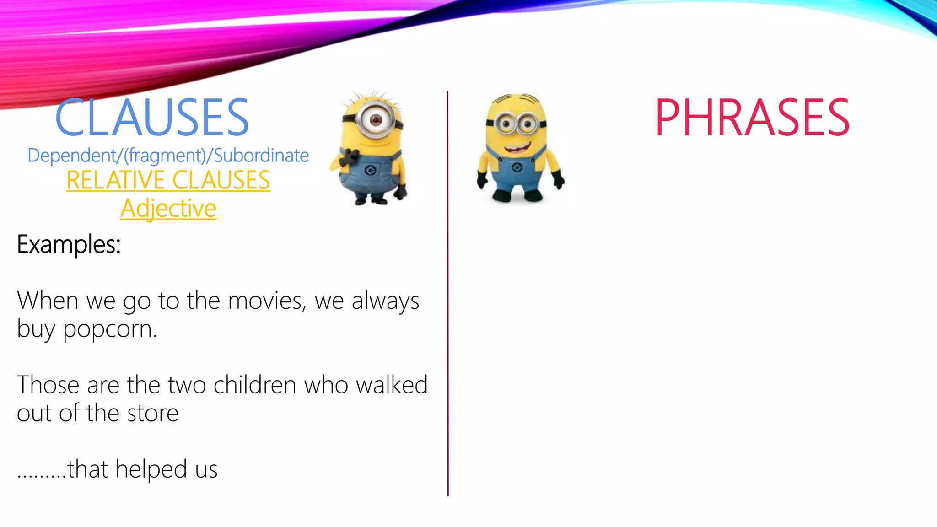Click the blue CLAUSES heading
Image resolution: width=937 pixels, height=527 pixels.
tap(152, 118)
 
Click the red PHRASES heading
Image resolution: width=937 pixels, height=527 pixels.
tap(752, 118)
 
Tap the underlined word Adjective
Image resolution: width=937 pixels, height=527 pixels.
tap(168, 209)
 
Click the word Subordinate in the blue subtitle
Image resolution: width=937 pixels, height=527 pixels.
tap(261, 156)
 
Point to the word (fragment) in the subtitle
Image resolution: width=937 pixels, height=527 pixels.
tap(165, 156)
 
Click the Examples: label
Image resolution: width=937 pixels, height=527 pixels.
tap(69, 244)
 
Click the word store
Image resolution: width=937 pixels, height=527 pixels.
tap(152, 413)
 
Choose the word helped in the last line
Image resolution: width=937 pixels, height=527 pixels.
tap(151, 469)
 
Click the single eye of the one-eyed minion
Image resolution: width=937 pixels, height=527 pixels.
tap(376, 120)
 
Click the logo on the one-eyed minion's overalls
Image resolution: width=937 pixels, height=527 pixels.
tap(371, 171)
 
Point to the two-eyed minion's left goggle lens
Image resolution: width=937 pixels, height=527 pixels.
tap(506, 124)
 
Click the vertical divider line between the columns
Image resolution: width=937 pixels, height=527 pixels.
tap(448, 293)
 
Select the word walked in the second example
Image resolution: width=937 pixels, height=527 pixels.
tap(392, 385)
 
